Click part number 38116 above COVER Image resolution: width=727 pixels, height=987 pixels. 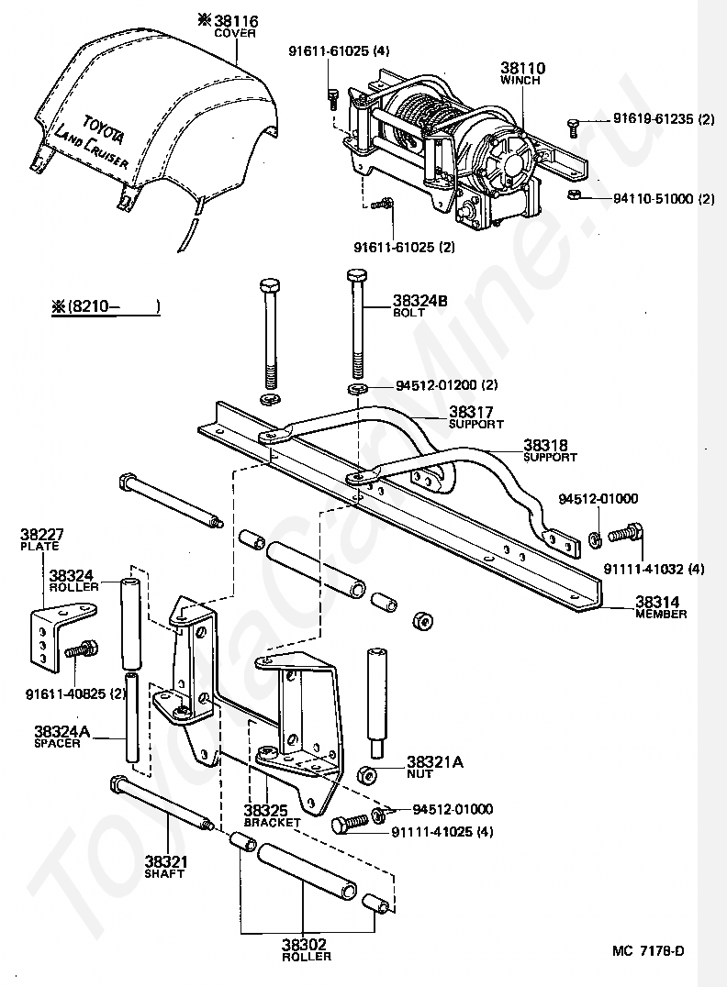pyautogui.click(x=236, y=21)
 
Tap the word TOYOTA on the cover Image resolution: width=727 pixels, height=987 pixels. pyautogui.click(x=104, y=130)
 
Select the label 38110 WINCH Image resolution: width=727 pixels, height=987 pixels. pyautogui.click(x=522, y=73)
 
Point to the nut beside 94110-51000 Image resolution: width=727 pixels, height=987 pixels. pyautogui.click(x=574, y=194)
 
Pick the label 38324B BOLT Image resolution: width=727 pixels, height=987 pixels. pyautogui.click(x=420, y=306)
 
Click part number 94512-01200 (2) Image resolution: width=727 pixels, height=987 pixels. pyautogui.click(x=447, y=384)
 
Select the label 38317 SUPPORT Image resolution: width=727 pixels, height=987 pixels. pyautogui.click(x=476, y=417)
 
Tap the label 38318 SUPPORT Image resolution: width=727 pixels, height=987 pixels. pyautogui.click(x=550, y=450)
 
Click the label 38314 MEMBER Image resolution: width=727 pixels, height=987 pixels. pyautogui.click(x=661, y=607)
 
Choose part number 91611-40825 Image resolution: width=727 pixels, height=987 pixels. pyautogui.click(x=75, y=694)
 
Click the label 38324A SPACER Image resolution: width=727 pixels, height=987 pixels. pyautogui.click(x=62, y=737)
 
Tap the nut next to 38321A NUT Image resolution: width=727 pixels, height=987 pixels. pyautogui.click(x=368, y=775)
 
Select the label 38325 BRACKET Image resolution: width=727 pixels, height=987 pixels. pyautogui.click(x=272, y=815)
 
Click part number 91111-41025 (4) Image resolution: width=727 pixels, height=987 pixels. pyautogui.click(x=442, y=832)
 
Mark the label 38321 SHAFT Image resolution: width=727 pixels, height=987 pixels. pyautogui.click(x=166, y=867)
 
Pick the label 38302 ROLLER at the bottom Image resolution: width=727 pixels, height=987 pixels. pyautogui.click(x=307, y=950)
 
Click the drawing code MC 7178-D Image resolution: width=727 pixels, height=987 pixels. pyautogui.click(x=648, y=950)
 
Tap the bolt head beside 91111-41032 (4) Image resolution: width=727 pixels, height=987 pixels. pyautogui.click(x=635, y=530)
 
